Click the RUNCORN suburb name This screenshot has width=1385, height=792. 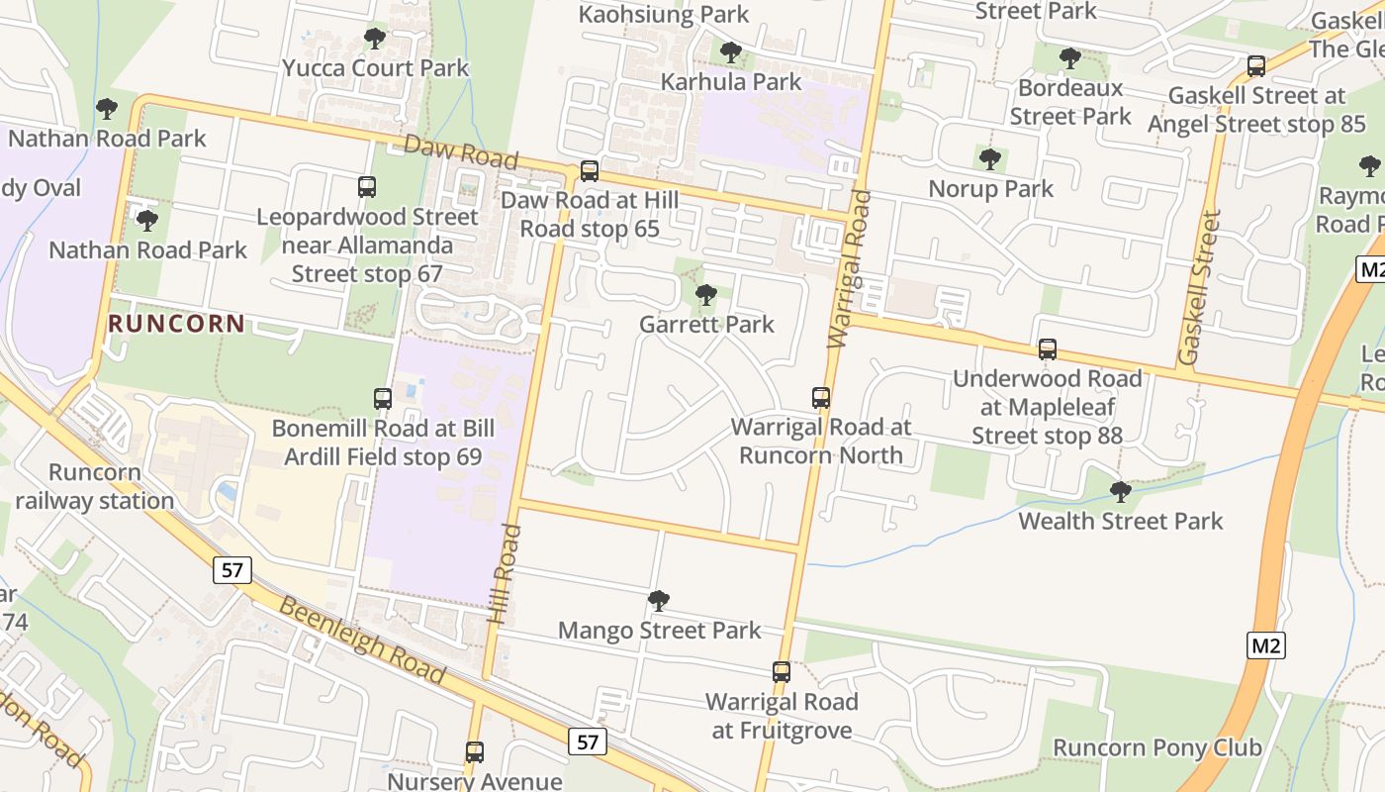point(176,324)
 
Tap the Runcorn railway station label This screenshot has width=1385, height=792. point(95,486)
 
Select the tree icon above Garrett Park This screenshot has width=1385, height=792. point(705,295)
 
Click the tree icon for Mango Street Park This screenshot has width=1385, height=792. point(659,601)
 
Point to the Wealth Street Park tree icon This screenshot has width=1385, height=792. point(1120,491)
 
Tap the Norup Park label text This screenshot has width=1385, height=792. point(990,188)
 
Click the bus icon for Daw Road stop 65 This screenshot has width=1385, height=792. point(590,171)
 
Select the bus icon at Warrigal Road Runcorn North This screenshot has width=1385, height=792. point(820,398)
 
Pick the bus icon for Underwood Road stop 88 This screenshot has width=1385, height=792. point(1047,349)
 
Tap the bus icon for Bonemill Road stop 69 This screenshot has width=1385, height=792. point(383,399)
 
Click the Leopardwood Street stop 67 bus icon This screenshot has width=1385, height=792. point(367,186)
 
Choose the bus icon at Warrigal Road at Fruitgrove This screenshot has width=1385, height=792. point(782,672)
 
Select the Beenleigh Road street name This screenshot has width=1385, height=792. point(362,641)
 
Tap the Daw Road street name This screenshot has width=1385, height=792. point(460,151)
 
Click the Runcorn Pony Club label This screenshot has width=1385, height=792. point(1156,747)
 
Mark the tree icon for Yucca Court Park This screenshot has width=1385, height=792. point(374,39)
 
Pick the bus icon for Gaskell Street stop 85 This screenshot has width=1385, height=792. point(1255,66)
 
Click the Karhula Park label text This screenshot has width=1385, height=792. point(731,81)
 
